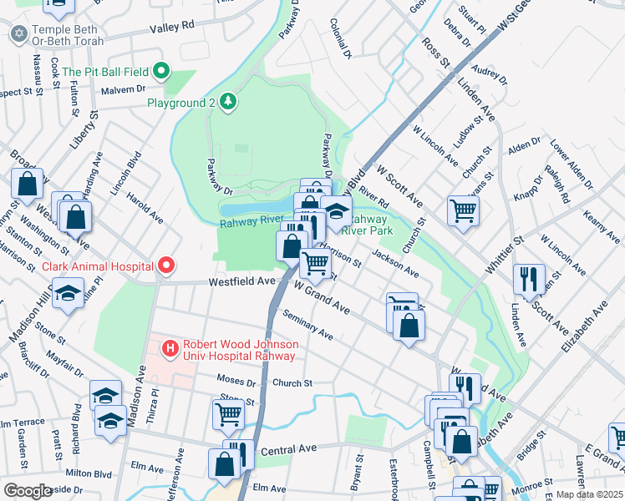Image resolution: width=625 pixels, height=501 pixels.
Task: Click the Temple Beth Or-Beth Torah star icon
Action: click(x=18, y=33)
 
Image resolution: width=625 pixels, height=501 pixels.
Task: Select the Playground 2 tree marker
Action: click(x=228, y=102)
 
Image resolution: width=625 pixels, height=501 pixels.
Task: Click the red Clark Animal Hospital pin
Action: click(x=166, y=266)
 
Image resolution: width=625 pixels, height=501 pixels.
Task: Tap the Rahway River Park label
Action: click(x=369, y=224)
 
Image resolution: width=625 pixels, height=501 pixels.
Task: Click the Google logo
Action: click(x=28, y=491)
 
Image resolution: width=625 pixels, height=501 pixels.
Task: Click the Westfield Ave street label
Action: click(x=243, y=282)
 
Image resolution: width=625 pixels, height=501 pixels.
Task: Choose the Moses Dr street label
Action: click(x=236, y=382)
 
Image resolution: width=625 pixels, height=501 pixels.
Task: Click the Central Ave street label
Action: click(x=288, y=449)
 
